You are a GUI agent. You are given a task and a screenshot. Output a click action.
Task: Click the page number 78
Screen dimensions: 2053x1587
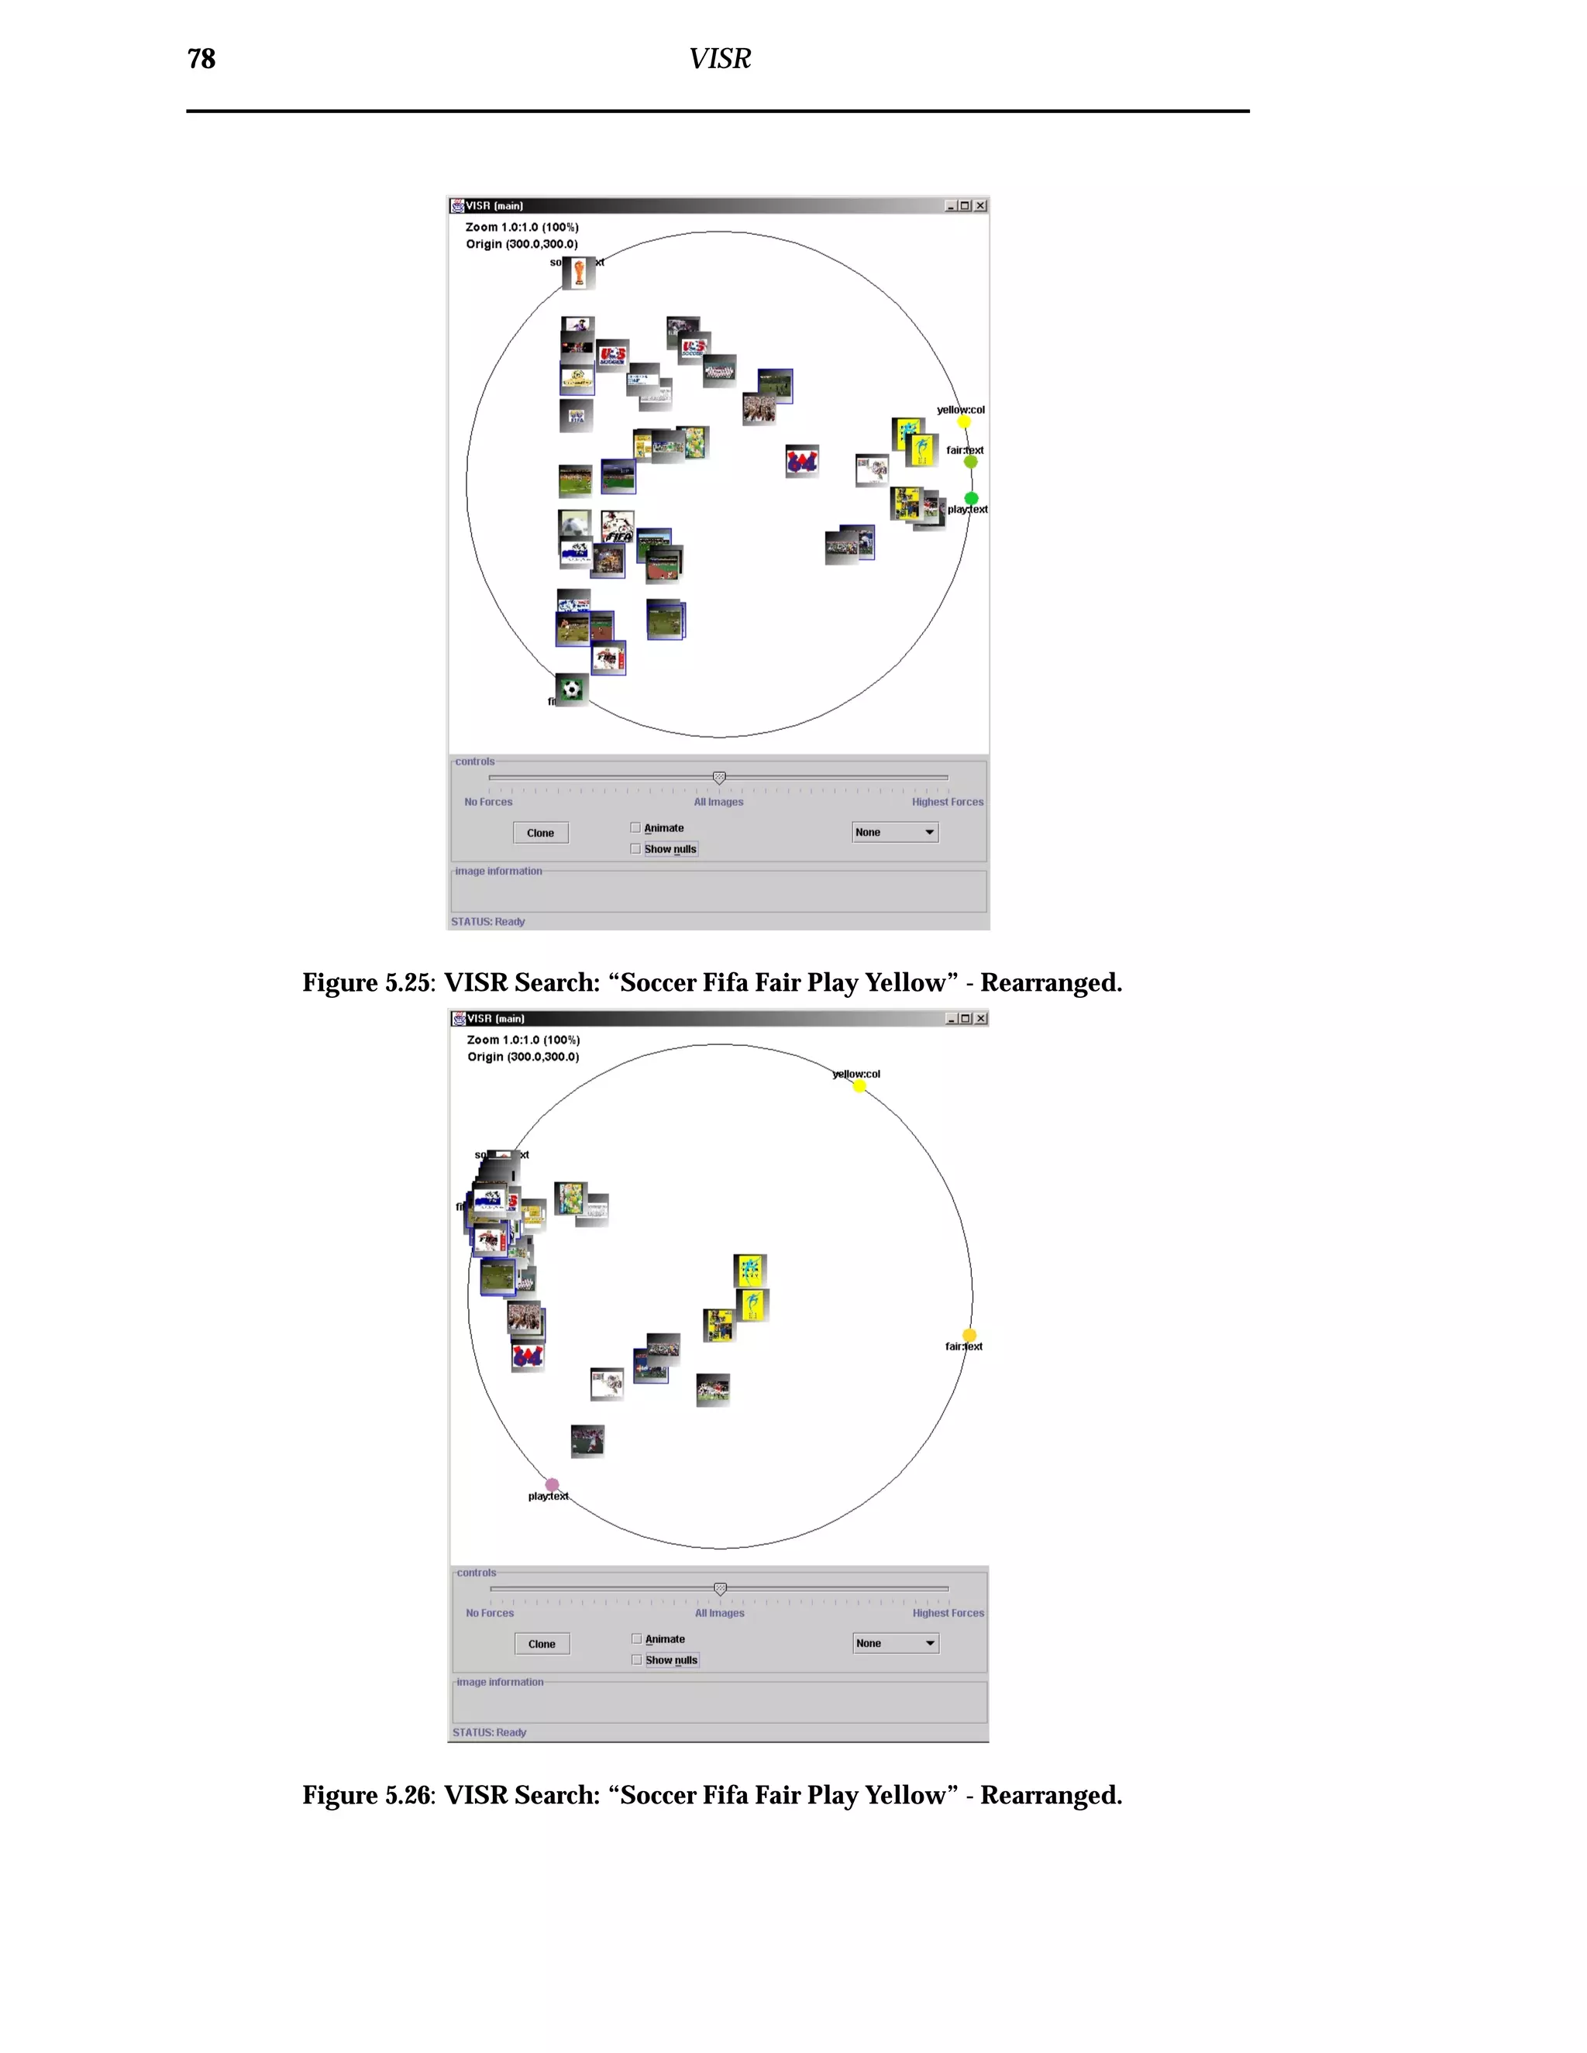point(201,59)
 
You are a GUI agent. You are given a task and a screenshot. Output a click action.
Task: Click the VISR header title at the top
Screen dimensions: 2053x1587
point(719,59)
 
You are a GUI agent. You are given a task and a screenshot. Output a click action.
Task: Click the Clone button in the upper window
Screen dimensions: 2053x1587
point(541,833)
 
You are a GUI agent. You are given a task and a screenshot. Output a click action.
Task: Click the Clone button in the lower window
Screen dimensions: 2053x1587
point(542,1644)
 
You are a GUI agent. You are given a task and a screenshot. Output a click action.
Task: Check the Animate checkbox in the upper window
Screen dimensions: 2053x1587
point(636,828)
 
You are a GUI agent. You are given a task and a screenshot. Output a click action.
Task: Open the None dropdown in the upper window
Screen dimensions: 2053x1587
point(895,832)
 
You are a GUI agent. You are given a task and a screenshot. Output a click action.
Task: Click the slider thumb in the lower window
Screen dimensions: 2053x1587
point(720,1589)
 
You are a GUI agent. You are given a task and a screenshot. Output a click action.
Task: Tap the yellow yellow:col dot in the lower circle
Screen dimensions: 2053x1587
point(859,1087)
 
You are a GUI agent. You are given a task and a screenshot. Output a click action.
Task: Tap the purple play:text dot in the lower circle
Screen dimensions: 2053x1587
point(553,1485)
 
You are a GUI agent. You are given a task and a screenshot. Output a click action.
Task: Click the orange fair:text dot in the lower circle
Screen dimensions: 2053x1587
point(969,1336)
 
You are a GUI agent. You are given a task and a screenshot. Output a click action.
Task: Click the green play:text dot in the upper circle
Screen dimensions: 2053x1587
point(971,498)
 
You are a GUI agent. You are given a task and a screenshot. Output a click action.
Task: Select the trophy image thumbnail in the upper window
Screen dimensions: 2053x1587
point(579,273)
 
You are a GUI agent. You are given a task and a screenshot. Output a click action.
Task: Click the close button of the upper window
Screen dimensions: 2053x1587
point(980,206)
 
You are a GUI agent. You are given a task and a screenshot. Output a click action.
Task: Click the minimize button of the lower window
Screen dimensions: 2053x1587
point(951,1018)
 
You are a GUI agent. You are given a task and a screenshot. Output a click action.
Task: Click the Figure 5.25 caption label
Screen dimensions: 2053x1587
point(369,983)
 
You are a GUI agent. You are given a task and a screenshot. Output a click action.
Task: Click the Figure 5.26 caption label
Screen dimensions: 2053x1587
point(369,1796)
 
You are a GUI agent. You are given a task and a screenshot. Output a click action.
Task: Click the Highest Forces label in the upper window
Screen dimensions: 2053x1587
point(947,802)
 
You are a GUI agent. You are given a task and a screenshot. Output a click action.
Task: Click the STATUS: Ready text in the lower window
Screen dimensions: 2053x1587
point(489,1732)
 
